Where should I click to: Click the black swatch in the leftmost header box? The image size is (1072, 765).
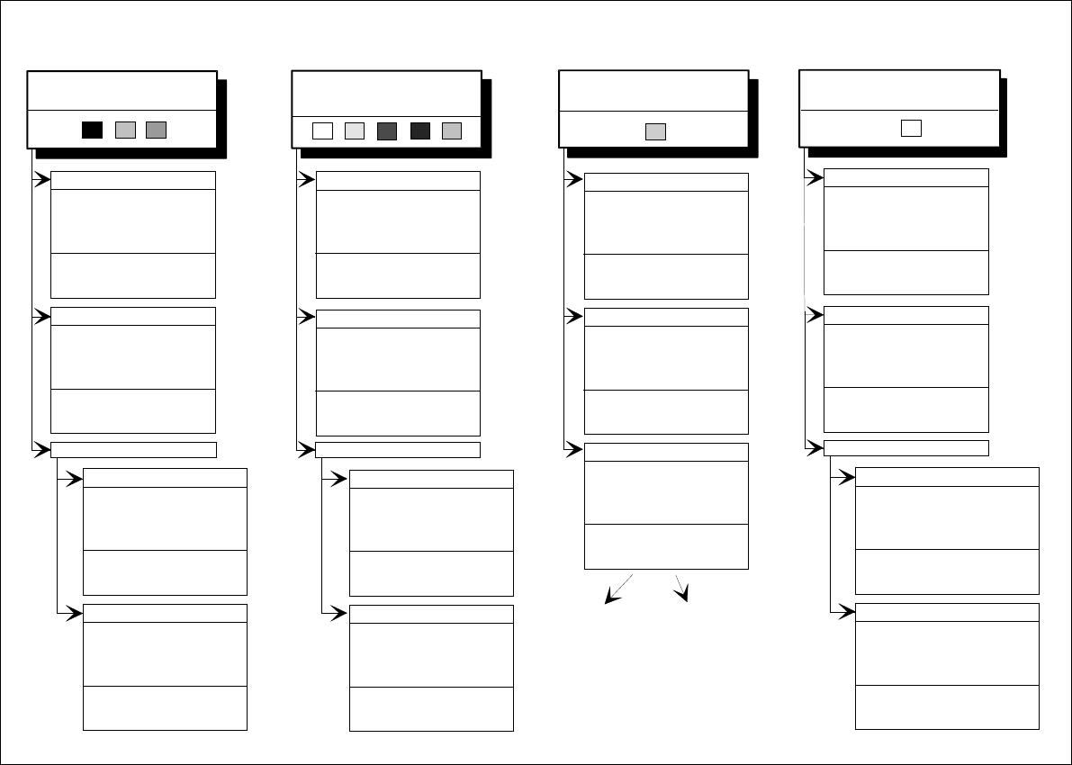tap(92, 130)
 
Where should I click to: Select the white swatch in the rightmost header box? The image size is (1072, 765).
tap(911, 128)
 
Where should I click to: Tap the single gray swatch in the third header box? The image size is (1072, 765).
tap(655, 131)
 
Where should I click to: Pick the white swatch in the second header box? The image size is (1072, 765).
tap(322, 130)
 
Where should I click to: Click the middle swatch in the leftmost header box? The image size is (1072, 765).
tap(125, 130)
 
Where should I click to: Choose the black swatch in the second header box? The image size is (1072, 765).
tap(419, 130)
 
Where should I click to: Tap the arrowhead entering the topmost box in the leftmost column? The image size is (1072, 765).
tap(43, 180)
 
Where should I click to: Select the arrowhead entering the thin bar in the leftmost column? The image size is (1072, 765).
tap(43, 450)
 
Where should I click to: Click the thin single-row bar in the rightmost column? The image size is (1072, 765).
tap(906, 448)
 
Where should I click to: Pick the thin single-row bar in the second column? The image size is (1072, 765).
tap(398, 450)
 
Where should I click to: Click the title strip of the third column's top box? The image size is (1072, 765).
tap(666, 182)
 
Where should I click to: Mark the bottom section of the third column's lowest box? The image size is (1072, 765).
tap(666, 546)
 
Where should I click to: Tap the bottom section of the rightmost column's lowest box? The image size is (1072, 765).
tap(947, 706)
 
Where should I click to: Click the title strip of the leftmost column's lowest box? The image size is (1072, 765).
tap(165, 613)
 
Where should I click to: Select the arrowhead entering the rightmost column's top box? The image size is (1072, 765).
tap(816, 177)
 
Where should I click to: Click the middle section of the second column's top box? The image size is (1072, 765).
tap(398, 221)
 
